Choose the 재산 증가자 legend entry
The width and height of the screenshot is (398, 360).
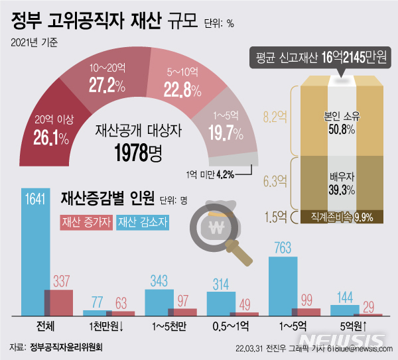[x=87, y=223]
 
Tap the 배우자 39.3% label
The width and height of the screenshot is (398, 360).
[x=342, y=184]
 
